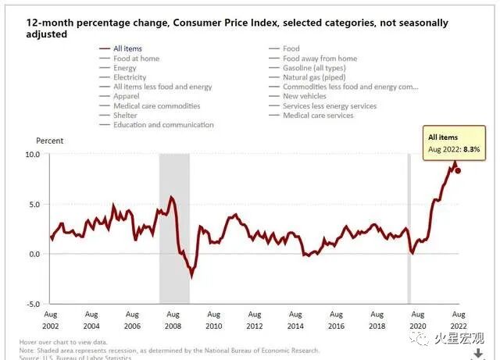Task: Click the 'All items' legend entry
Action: click(x=128, y=48)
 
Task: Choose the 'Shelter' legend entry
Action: click(x=125, y=116)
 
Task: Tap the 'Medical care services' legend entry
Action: click(x=317, y=116)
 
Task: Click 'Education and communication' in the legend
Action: click(x=162, y=125)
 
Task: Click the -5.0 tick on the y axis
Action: click(x=30, y=304)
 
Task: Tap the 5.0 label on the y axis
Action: click(x=31, y=204)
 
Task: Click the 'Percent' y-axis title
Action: click(x=50, y=141)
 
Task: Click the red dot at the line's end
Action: click(x=458, y=170)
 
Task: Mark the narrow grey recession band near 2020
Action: click(x=408, y=226)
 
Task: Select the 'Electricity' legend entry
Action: click(x=129, y=77)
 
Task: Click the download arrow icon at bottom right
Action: click(x=478, y=355)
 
